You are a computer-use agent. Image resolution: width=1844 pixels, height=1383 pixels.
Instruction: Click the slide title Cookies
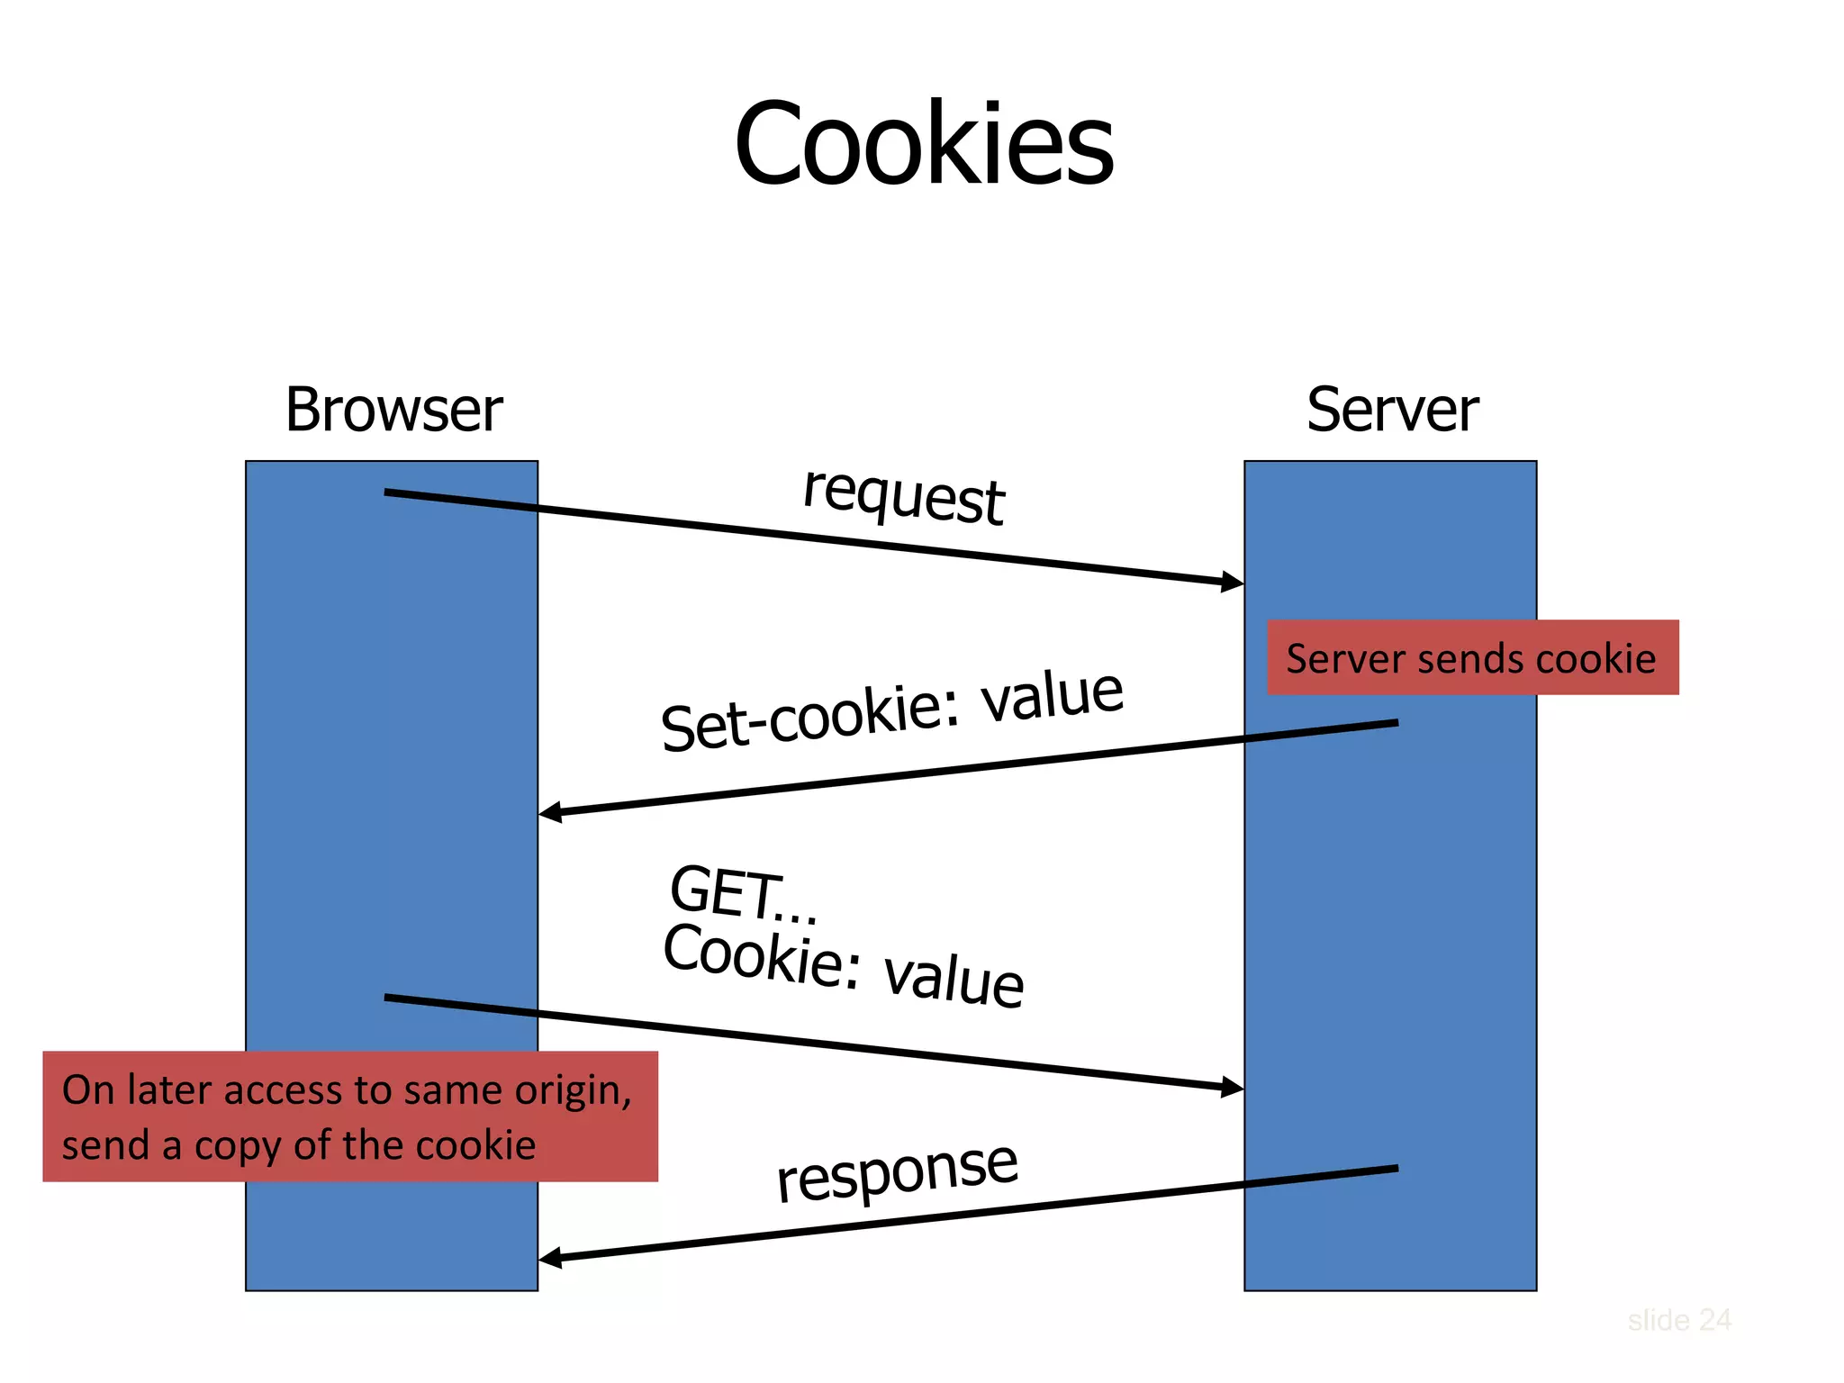click(x=924, y=144)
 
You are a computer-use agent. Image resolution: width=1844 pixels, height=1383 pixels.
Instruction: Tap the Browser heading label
click(x=393, y=411)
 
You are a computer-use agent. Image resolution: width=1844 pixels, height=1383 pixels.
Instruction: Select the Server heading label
click(x=1391, y=411)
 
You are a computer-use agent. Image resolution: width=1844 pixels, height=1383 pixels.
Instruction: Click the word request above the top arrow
click(x=903, y=495)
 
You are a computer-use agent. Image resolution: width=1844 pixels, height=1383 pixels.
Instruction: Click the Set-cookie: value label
click(x=891, y=711)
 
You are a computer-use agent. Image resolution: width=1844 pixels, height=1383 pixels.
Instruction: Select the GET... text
click(x=743, y=894)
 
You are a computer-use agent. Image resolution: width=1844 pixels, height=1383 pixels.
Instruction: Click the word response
click(x=897, y=1171)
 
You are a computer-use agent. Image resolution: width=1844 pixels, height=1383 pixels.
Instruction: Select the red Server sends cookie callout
click(x=1472, y=658)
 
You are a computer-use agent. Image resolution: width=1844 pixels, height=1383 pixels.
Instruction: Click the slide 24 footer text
click(x=1678, y=1320)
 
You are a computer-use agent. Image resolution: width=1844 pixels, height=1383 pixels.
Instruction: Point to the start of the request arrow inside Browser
click(x=387, y=492)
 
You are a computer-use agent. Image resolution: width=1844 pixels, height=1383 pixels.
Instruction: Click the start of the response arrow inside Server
click(x=1396, y=1169)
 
